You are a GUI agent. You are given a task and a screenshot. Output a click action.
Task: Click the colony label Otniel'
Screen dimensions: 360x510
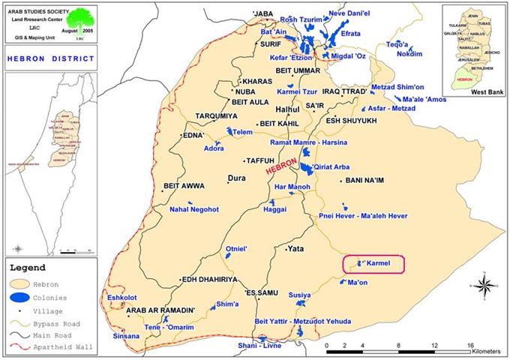238,248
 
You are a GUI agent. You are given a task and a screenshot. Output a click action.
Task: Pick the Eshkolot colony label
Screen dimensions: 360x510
121,297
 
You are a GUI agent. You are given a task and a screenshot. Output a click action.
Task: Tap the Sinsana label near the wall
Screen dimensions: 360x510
125,336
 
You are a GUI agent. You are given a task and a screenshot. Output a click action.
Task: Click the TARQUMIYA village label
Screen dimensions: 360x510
215,116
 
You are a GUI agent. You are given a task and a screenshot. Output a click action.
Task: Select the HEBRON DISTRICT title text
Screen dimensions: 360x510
50,58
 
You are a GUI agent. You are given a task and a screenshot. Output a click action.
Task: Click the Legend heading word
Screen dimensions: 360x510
28,266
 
